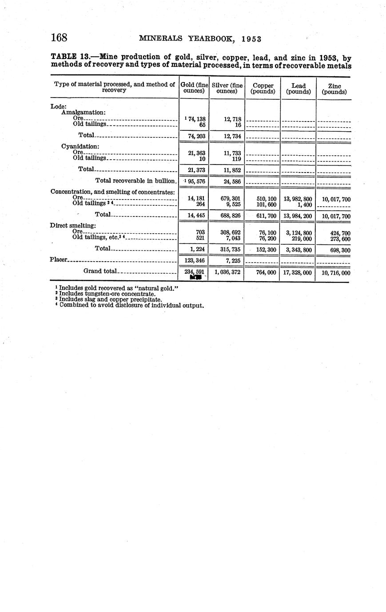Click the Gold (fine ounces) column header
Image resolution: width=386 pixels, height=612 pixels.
pos(194,88)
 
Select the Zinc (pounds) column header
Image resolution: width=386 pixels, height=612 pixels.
pos(334,89)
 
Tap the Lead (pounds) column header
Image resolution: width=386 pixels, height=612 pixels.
pos(298,89)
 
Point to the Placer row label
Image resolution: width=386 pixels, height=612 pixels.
pos(58,259)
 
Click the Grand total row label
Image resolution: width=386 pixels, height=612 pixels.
pos(100,271)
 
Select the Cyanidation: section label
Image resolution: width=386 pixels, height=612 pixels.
pos(80,146)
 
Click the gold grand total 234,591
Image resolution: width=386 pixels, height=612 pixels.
pos(194,272)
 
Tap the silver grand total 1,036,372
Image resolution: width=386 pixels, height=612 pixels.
pos(227,272)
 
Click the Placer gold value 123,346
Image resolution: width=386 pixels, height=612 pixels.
pos(195,260)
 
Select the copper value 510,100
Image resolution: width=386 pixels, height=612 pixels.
pos(267,199)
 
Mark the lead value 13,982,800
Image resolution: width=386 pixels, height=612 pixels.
pos(298,199)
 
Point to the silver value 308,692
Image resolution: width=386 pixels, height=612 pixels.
pos(230,232)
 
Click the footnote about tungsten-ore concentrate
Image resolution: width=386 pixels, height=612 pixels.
pos(107,294)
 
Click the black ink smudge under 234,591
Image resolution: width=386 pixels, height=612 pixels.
pos(195,277)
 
